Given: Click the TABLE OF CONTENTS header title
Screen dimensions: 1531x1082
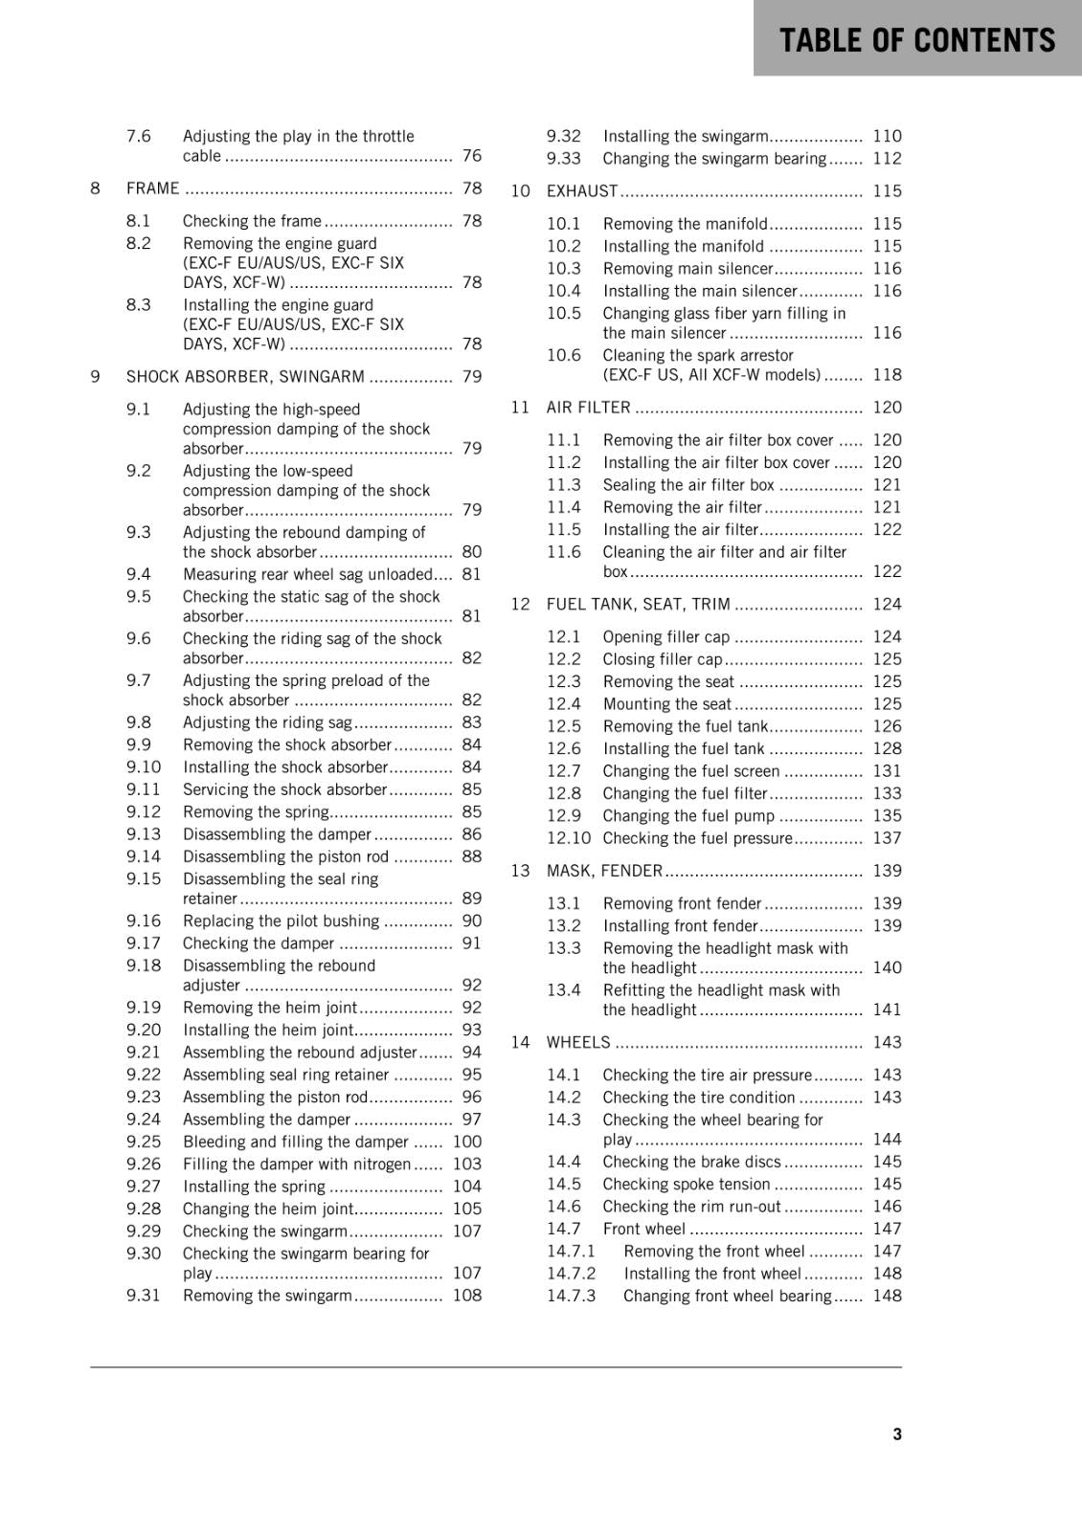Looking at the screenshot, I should (916, 40).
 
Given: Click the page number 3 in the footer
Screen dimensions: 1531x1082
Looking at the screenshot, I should (896, 1433).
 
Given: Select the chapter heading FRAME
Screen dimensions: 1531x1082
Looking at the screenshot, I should (152, 189).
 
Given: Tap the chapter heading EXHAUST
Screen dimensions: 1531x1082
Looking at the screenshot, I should (582, 191).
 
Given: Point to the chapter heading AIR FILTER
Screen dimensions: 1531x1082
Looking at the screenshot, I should (588, 408).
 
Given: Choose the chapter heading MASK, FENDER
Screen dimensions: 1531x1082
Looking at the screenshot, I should (604, 871).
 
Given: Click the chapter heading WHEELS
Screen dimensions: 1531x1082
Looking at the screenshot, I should (577, 1042).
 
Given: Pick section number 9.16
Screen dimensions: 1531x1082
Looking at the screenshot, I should (144, 921).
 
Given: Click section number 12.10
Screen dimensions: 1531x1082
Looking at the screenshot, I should (569, 838).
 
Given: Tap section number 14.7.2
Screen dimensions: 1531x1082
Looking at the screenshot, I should (571, 1274).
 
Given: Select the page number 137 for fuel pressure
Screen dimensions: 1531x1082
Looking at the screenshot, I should (887, 838).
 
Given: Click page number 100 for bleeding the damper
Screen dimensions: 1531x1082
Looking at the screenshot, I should (467, 1142).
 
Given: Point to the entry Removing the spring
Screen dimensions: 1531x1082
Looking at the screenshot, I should (256, 812).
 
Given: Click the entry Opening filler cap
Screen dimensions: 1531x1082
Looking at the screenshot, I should (665, 637).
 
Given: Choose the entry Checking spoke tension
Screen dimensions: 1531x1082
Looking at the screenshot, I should (686, 1185).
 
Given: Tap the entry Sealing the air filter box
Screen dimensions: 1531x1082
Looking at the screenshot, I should (688, 485).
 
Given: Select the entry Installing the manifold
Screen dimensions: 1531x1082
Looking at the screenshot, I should (683, 247).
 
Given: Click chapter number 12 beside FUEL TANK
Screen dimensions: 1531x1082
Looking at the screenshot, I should (520, 605).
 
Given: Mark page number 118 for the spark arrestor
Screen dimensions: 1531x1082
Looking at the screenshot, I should (887, 375).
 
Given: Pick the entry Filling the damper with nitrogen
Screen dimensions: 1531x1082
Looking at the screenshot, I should (296, 1165).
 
